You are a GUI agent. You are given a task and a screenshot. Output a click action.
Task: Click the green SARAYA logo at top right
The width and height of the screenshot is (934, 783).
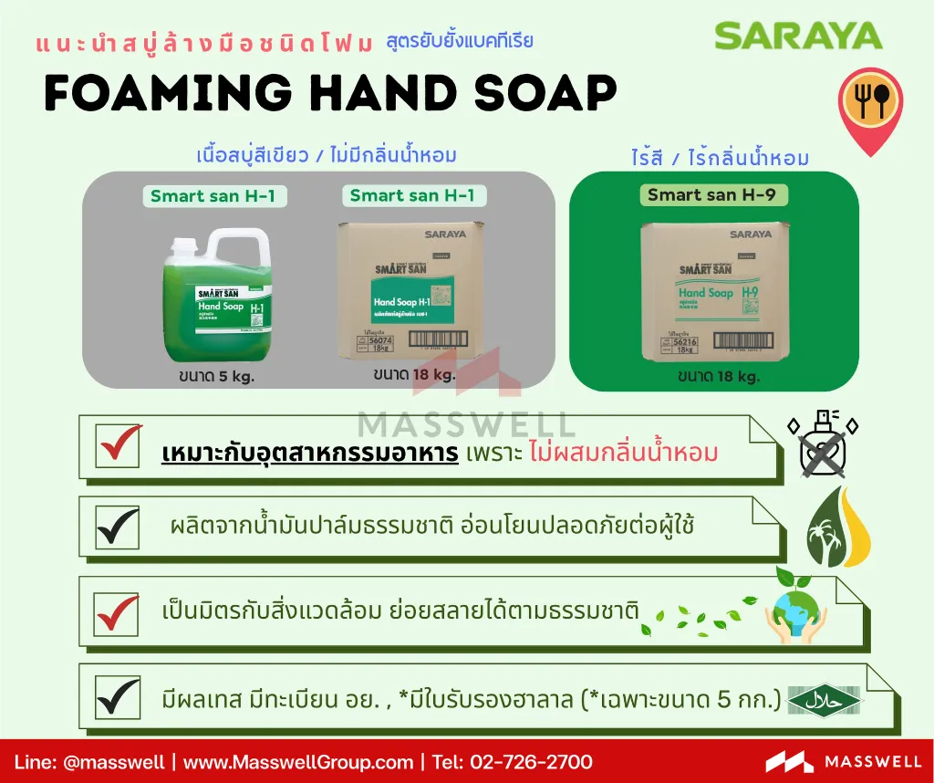[x=798, y=36]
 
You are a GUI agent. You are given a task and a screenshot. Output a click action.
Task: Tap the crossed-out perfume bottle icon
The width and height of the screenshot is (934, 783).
[x=822, y=444]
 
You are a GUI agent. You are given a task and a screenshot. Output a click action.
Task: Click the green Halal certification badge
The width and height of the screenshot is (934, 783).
[x=821, y=700]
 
